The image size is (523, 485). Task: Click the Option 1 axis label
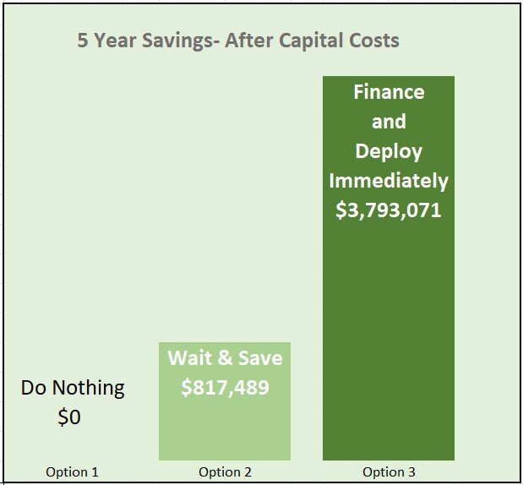coord(72,472)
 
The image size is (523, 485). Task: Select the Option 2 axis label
coord(225,472)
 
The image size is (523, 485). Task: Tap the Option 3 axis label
coord(389,472)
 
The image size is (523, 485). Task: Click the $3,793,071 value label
coord(389,210)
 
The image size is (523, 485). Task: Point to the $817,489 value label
coord(225,387)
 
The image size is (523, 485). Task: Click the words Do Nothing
coord(73,388)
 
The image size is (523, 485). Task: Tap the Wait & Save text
coord(225,358)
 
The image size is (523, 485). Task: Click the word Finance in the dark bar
coord(389,91)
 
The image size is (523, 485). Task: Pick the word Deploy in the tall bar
coord(389,151)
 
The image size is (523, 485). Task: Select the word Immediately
coord(389,181)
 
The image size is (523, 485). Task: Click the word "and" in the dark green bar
coord(389,122)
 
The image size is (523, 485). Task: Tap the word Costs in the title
coord(373,41)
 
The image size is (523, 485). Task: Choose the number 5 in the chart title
coord(83,41)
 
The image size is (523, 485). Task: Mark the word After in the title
coord(253,41)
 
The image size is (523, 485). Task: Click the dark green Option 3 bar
coord(389,338)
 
